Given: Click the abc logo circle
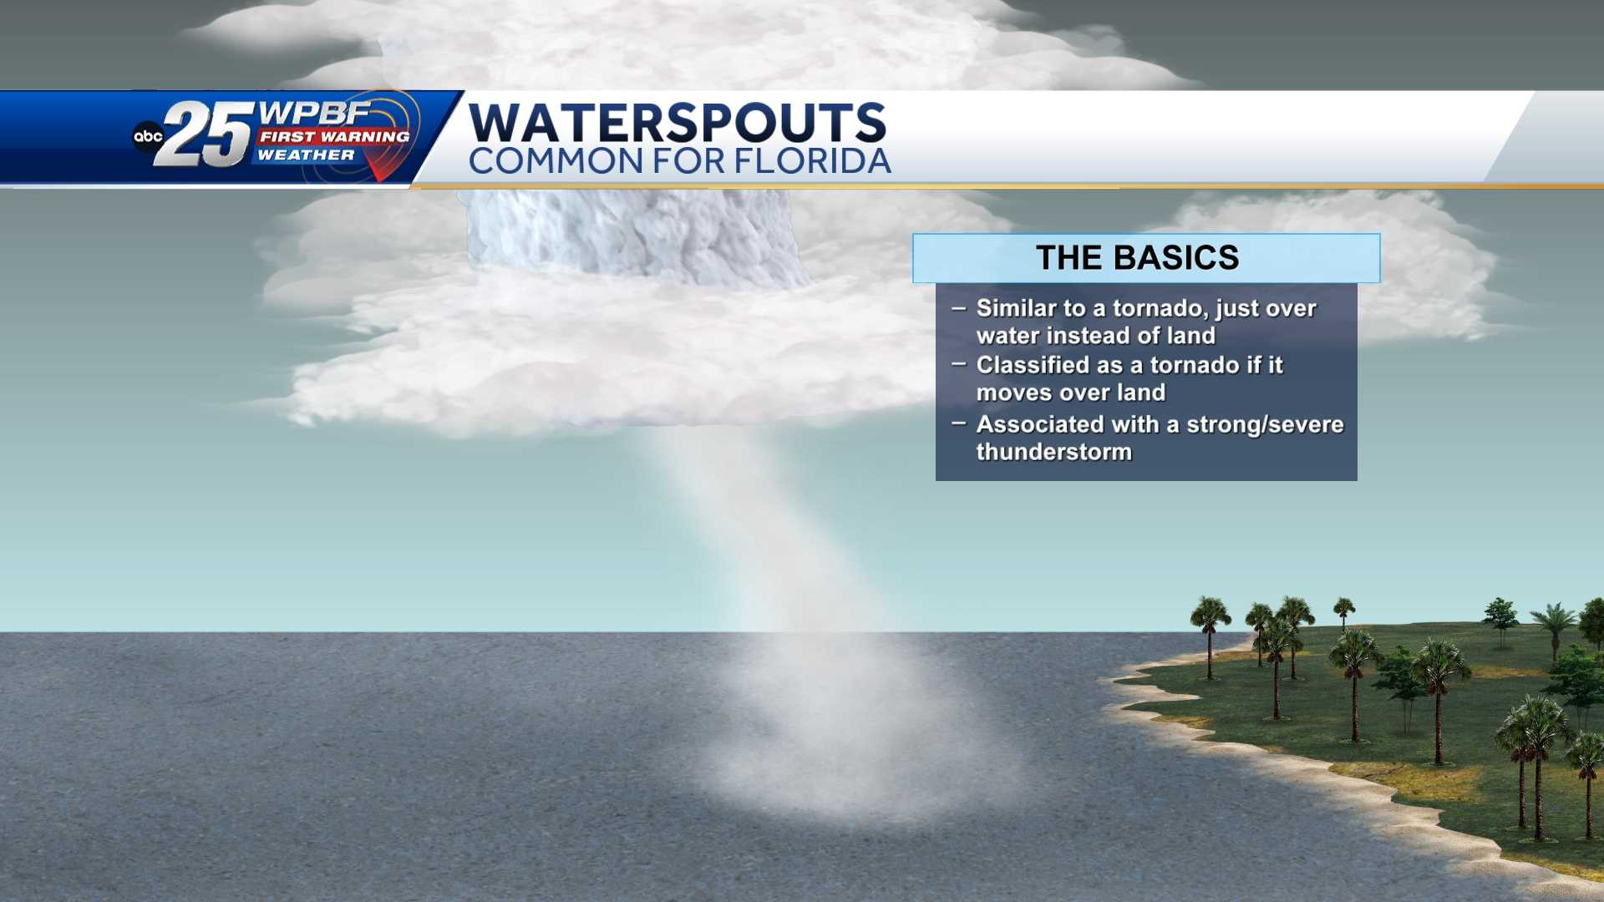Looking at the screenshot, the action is (x=148, y=136).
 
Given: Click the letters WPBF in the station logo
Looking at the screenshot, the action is (x=315, y=113).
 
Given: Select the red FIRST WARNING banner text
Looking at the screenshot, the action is (x=334, y=136).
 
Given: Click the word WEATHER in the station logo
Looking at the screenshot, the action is (x=306, y=155).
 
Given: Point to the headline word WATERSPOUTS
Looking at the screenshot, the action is (x=678, y=122).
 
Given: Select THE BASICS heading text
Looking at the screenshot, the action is (x=1138, y=257).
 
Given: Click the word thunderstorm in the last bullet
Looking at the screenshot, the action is (x=1054, y=452).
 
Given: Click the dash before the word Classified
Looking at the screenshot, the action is (x=958, y=364).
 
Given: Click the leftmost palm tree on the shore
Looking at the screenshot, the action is (x=1210, y=635).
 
